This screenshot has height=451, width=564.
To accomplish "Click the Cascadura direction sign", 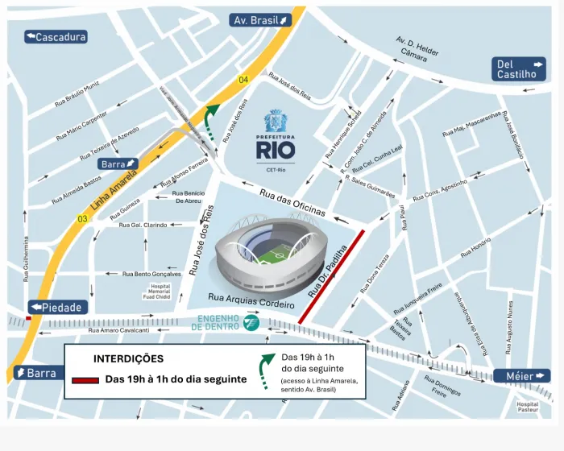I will [56, 36].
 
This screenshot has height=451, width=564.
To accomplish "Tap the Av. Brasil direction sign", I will [260, 20].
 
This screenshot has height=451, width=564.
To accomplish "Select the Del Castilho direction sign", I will [520, 69].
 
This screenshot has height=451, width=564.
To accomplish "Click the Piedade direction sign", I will [56, 308].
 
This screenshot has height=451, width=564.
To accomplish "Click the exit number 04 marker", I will [243, 79].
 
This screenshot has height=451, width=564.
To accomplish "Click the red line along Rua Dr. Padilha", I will [332, 277].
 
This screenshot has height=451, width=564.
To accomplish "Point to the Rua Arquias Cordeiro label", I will [251, 300].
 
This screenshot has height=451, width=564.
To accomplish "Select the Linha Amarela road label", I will [108, 191].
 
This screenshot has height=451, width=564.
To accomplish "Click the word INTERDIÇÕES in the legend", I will [128, 358].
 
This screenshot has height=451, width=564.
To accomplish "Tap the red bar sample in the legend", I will [85, 380].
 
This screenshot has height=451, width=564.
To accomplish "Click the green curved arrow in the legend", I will [265, 371].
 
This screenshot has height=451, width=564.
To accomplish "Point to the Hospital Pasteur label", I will [527, 408].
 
